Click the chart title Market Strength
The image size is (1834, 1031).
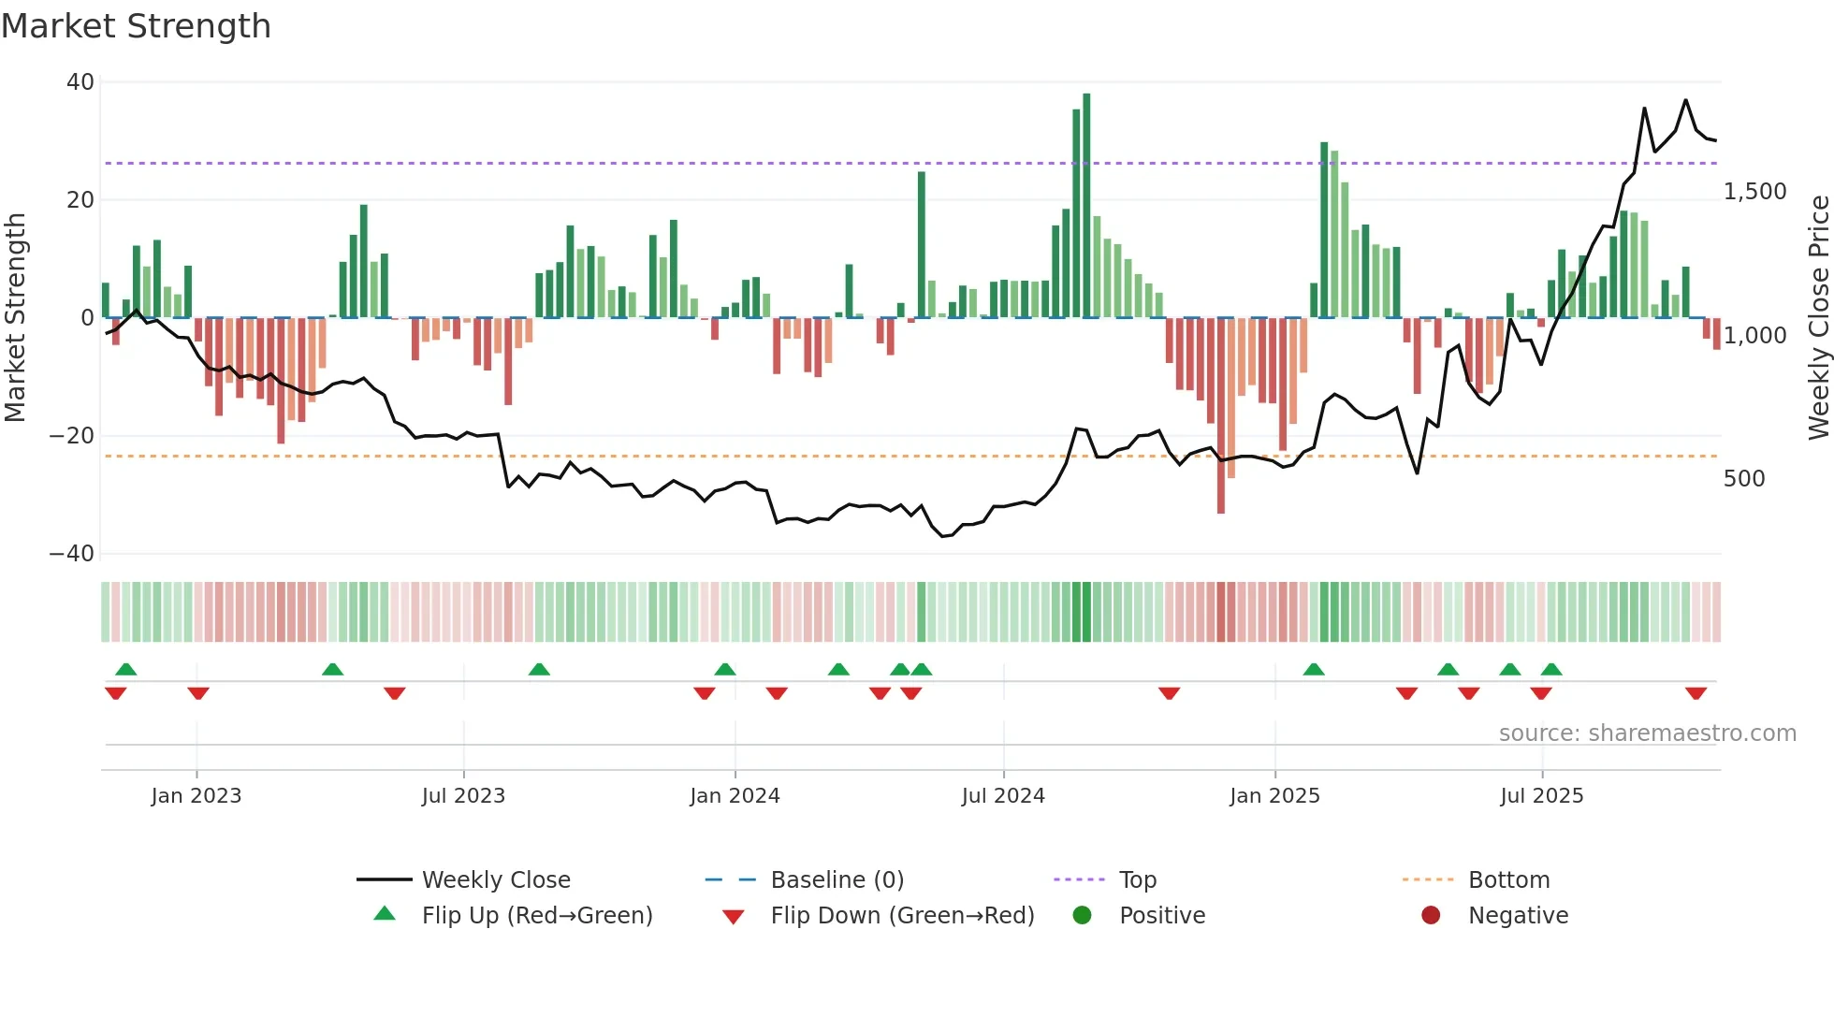136,26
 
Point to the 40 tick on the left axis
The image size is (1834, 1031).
80,82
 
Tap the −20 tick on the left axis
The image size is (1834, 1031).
72,436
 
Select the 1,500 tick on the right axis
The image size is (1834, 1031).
1754,192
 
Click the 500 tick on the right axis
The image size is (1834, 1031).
1744,479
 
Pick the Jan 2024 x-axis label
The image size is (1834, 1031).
735,796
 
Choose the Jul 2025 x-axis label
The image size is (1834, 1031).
1541,796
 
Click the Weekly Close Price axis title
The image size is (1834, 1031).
1818,318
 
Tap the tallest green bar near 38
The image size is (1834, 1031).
1086,206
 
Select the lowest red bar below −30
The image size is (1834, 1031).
1220,416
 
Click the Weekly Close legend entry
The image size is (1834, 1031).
496,880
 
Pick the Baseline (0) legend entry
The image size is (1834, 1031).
837,880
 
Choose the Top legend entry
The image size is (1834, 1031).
1138,880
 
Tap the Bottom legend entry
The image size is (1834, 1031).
1508,880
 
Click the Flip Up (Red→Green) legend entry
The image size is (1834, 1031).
536,916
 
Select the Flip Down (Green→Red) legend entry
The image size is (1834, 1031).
902,916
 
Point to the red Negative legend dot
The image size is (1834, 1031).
1431,915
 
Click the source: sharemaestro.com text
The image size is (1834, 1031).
1647,733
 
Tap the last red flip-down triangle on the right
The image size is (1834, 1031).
1696,693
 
